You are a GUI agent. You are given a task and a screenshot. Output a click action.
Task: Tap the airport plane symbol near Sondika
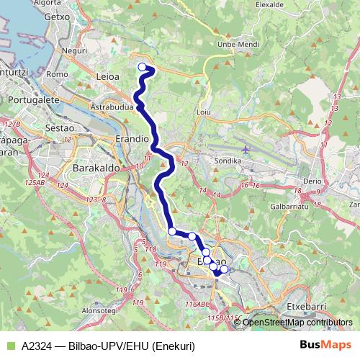tap(246, 150)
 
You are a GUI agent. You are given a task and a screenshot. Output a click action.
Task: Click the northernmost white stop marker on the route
tap(142, 68)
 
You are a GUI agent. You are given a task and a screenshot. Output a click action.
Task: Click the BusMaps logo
tap(323, 346)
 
